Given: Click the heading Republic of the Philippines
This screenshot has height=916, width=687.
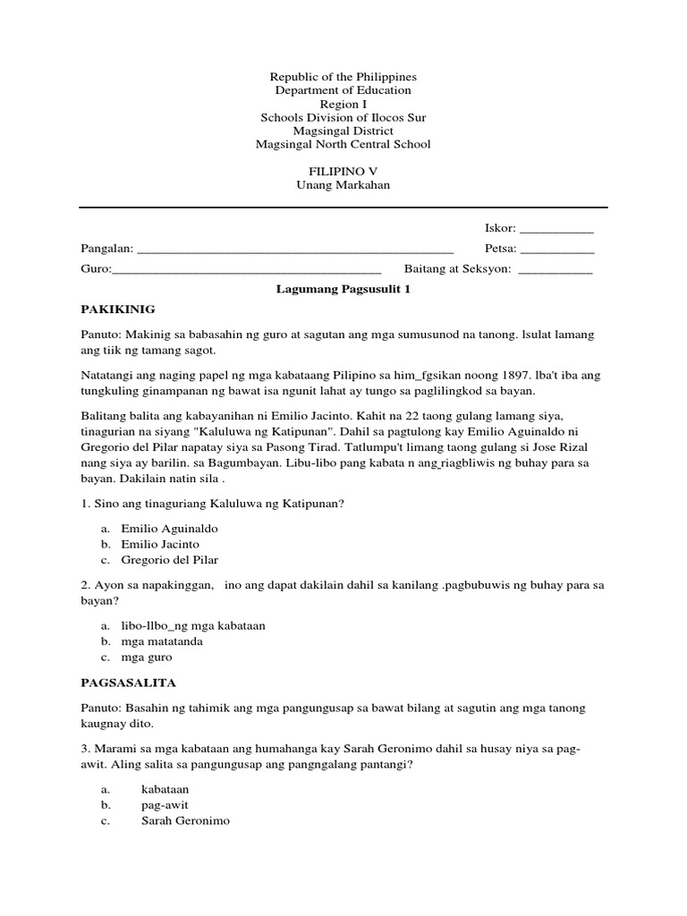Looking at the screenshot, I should [343, 77].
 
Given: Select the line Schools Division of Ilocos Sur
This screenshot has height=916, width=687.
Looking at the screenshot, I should [343, 117].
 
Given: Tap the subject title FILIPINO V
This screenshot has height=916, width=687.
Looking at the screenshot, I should [343, 171].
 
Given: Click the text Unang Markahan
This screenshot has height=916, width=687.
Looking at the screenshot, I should [343, 184].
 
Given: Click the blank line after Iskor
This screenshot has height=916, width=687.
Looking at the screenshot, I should [556, 229].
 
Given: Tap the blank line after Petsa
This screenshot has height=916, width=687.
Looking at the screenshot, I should [556, 249].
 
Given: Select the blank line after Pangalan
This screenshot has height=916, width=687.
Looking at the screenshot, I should [295, 249].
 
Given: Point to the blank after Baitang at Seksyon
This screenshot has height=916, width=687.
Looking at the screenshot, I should [556, 268].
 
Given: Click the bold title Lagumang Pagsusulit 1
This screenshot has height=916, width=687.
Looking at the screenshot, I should [343, 290].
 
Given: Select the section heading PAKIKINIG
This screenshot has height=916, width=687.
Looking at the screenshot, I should [118, 310].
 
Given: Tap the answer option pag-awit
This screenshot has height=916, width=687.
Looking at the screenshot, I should [165, 804].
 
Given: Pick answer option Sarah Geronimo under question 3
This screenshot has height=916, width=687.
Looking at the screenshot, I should [185, 820].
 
